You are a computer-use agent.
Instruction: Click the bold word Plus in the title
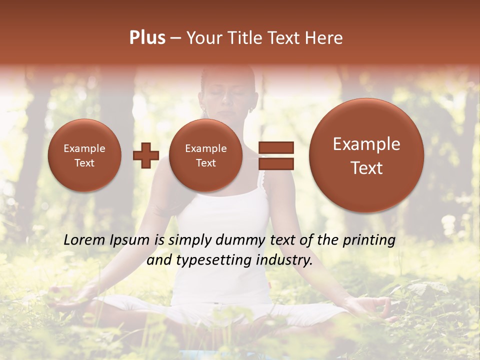click(147, 38)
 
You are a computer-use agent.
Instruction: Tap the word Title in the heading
click(243, 38)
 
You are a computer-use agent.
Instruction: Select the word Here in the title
click(325, 38)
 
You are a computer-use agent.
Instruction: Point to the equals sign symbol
click(275, 155)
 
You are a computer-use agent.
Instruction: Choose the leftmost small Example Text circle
click(84, 155)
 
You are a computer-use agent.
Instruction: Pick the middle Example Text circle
click(205, 155)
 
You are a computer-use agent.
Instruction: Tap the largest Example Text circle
click(366, 155)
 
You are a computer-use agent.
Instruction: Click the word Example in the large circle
click(366, 144)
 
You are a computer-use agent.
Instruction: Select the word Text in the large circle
click(366, 168)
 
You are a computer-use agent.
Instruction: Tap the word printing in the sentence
click(369, 240)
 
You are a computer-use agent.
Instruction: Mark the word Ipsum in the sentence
click(129, 240)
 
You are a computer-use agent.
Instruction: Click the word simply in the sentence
click(189, 240)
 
